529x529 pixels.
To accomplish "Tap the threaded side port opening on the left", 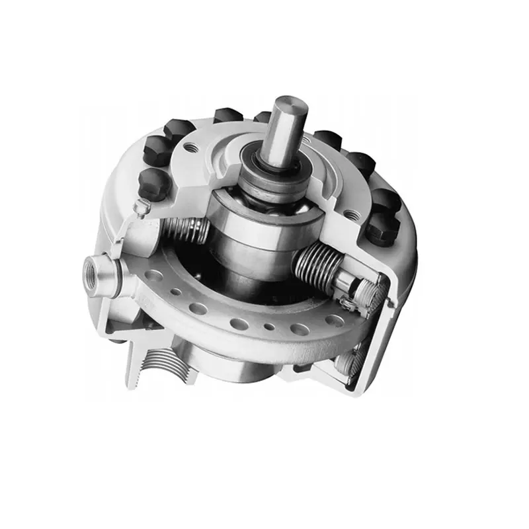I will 91,270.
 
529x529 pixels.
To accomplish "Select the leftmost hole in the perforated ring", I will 154,273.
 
